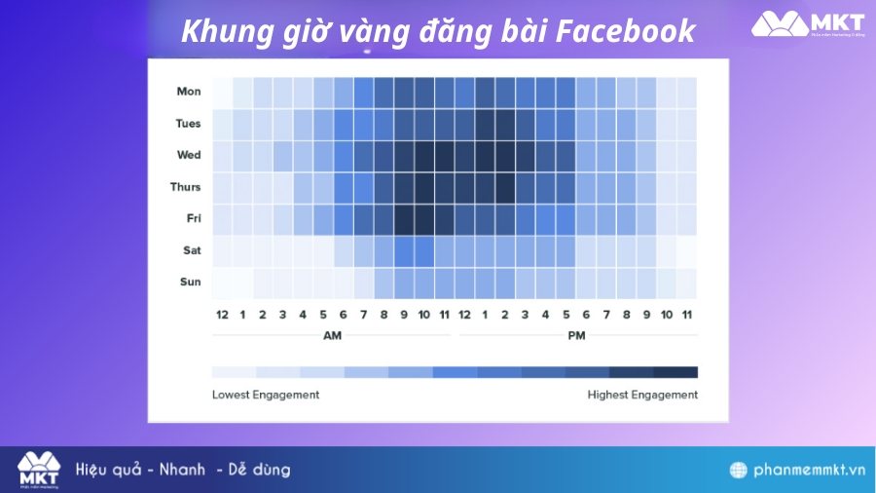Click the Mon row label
pyautogui.click(x=189, y=92)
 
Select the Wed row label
pyautogui.click(x=189, y=155)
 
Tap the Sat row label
pyautogui.click(x=192, y=250)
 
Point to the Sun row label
pyautogui.click(x=192, y=282)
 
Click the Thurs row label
pyautogui.click(x=186, y=187)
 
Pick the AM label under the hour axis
pyautogui.click(x=333, y=335)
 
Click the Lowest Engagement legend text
pyautogui.click(x=266, y=395)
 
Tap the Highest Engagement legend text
pyautogui.click(x=642, y=395)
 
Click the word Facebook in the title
pyautogui.click(x=626, y=31)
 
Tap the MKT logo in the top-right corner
pyautogui.click(x=808, y=24)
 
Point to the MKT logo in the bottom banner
pyautogui.click(x=38, y=470)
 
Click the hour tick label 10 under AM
pyautogui.click(x=424, y=314)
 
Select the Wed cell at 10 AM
pyautogui.click(x=424, y=155)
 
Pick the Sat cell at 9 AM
pyautogui.click(x=404, y=250)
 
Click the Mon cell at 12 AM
pyautogui.click(x=222, y=92)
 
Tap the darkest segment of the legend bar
pyautogui.click(x=675, y=372)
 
